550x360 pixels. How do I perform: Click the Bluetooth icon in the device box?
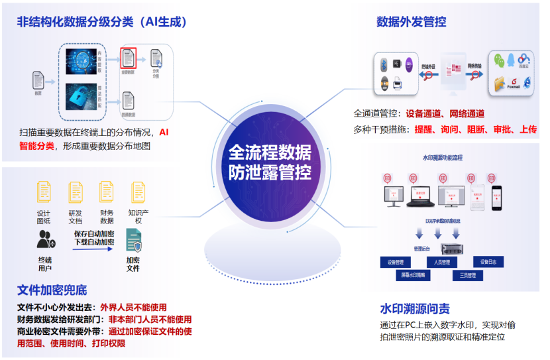coord(383,65)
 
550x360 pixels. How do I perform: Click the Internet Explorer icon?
coord(527,82)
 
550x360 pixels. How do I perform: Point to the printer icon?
coord(398,84)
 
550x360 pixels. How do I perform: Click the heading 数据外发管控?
coord(411,23)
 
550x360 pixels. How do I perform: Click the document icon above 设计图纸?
coord(44,192)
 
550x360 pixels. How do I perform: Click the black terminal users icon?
coord(45,240)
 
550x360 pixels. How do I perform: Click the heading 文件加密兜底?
coord(52,290)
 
